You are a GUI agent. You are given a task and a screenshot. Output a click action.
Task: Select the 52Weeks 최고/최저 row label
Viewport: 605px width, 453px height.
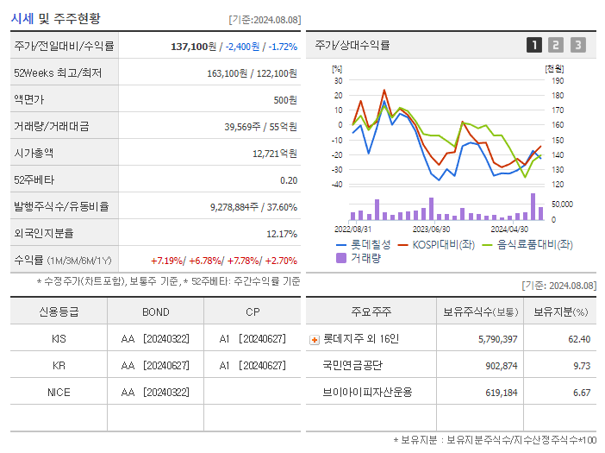(58, 73)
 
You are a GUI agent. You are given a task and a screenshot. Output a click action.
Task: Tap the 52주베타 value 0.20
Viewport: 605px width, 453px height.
(289, 180)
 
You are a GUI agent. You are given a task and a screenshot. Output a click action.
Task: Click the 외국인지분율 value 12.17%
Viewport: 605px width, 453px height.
(282, 234)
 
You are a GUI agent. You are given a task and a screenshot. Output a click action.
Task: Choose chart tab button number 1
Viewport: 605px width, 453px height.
(534, 46)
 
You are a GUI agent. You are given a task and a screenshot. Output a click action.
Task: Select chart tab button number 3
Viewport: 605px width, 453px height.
(577, 46)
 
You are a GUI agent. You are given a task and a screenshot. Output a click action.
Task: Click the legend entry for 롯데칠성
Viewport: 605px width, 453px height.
(363, 245)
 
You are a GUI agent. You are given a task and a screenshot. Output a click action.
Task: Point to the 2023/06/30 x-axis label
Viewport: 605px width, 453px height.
(431, 230)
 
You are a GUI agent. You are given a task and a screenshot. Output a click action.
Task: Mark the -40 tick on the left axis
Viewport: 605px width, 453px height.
(337, 185)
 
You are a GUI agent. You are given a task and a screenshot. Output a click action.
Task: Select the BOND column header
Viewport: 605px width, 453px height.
(155, 312)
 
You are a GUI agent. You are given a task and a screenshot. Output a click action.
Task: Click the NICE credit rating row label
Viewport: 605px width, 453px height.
(59, 393)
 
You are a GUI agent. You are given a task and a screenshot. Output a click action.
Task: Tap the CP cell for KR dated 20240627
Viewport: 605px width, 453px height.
(252, 366)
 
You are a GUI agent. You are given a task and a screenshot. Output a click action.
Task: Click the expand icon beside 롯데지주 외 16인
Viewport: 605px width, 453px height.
(315, 340)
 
